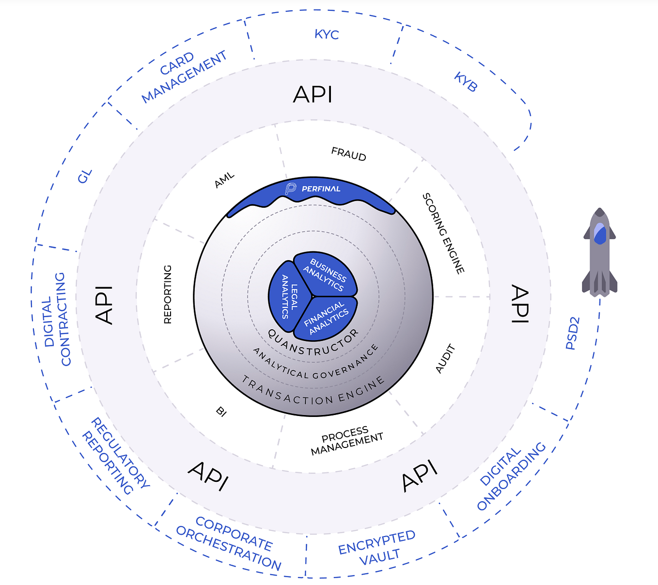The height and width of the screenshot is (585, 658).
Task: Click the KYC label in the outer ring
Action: pos(327,34)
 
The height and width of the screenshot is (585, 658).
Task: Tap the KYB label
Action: pos(466,82)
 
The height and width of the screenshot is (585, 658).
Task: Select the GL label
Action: pos(85,176)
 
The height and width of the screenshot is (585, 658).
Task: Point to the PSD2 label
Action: pos(572,333)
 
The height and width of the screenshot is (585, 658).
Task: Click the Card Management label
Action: pos(184,77)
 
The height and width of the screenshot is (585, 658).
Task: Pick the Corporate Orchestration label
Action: pos(229,543)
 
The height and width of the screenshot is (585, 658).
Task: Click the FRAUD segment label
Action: pos(348,154)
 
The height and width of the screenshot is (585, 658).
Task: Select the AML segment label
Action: pos(224,180)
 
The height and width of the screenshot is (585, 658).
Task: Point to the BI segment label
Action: pos(221,412)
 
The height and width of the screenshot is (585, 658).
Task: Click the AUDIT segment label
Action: pos(445,358)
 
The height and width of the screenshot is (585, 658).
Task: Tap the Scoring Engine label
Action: pos(443,233)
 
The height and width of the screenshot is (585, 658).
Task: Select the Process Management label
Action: pos(346,441)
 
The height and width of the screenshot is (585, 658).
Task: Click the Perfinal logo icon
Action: pos(290,188)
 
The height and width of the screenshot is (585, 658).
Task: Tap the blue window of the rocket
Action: pos(599,233)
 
